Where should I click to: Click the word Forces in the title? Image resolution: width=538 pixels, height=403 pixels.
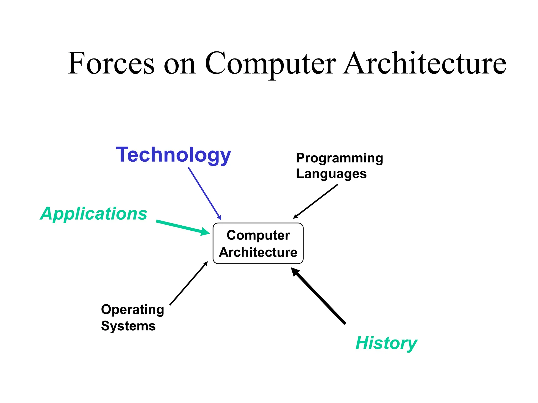pos(111,63)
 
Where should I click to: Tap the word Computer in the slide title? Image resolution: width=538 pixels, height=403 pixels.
pos(270,63)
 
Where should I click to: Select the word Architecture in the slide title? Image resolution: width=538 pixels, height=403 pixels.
pos(425,63)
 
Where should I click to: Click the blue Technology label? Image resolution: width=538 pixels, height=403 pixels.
pos(173,155)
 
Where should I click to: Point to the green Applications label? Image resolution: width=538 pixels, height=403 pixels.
pos(94,214)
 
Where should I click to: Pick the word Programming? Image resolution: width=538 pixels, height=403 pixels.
pos(339,158)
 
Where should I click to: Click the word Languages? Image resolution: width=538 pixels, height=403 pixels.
pos(331,174)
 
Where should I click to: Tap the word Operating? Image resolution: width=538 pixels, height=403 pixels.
pos(132,310)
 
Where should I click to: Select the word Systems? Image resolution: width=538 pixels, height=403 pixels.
pos(128,326)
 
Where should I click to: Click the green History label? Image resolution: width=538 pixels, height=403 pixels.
pos(386,343)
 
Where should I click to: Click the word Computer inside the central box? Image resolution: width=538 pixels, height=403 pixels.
pos(258,235)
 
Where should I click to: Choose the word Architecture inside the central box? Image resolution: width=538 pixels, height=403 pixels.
pos(258,252)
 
